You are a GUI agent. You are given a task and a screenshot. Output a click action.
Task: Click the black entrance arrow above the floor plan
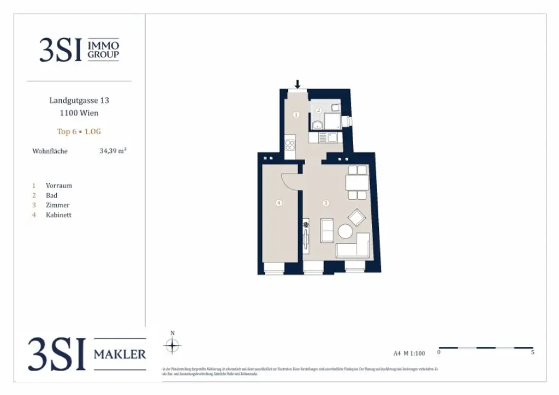coord(298,83)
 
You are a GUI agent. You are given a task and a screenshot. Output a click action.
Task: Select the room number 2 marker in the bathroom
coord(318,110)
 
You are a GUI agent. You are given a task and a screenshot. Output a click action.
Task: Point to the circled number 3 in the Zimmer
coord(326,204)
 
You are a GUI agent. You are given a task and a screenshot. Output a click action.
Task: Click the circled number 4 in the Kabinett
coord(279,204)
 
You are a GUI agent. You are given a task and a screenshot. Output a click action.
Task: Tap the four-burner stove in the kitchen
coord(290,146)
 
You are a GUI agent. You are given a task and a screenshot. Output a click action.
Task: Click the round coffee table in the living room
coord(346,231)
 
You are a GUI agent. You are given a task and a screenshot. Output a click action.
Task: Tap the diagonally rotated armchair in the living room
coord(358,217)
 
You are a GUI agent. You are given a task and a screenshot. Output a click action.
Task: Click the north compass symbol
coord(173,345)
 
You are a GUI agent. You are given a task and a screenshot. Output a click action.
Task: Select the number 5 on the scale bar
coord(532,352)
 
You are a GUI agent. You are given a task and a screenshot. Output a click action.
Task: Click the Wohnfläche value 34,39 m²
coord(112,151)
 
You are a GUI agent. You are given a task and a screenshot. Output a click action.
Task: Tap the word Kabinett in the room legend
coord(58,215)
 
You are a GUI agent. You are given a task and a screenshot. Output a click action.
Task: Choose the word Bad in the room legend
coord(51,195)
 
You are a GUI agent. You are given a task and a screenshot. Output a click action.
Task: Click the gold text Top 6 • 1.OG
coord(79,131)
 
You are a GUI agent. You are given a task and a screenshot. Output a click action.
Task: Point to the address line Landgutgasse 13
coord(79,100)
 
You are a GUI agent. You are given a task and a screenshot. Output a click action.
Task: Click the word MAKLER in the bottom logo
coord(120,355)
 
